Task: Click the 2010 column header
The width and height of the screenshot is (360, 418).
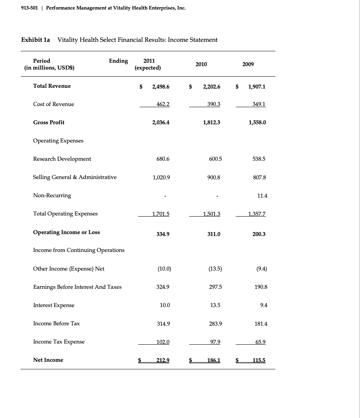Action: [201, 64]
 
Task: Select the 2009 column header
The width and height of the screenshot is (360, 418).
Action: [248, 64]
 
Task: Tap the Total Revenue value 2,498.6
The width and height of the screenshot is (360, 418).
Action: [161, 87]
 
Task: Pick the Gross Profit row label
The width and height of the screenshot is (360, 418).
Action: [49, 122]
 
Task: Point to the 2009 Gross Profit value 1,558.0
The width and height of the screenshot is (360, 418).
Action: [257, 123]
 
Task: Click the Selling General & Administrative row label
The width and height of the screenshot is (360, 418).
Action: [75, 177]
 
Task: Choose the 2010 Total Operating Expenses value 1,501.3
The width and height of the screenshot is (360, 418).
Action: [212, 214]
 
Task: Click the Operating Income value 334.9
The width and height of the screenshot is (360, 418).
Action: [162, 234]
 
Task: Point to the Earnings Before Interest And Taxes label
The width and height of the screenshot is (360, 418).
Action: [77, 287]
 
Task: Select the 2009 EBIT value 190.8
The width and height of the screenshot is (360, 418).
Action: [261, 287]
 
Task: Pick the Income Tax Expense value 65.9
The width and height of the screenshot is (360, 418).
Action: [260, 342]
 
